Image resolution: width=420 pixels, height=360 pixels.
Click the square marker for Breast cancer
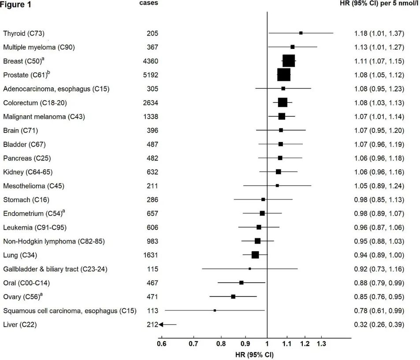[x=289, y=61]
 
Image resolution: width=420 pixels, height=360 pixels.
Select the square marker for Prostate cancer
[x=284, y=75]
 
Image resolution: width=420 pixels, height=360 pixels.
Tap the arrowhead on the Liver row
[x=161, y=325]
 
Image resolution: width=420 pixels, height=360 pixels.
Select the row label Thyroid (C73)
[x=24, y=34]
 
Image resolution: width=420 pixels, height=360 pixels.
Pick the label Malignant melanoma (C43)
[x=44, y=116]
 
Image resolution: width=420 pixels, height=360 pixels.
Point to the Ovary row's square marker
[x=233, y=296]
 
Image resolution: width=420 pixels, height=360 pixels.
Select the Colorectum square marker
[x=282, y=102]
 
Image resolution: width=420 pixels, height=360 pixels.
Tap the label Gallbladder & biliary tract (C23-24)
[x=56, y=269]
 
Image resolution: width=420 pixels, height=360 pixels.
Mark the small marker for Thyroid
[x=301, y=33]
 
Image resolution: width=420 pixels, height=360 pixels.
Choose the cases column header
[x=149, y=3]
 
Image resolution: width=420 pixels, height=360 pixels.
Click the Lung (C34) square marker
[x=255, y=255]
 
